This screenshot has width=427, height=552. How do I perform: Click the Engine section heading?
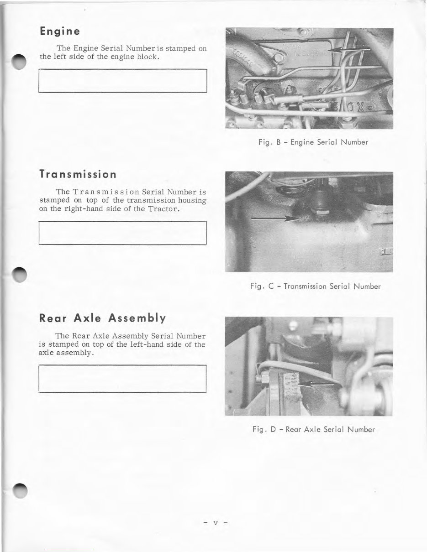(60, 31)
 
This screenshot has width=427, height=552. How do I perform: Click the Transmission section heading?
(78, 174)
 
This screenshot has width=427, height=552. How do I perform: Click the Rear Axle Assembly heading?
(102, 318)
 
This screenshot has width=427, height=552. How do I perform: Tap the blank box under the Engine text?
(123, 81)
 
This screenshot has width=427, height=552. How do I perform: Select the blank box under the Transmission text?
(123, 233)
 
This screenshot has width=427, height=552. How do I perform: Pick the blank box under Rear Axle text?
(123, 378)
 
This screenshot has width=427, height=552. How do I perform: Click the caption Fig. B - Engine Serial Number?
(313, 142)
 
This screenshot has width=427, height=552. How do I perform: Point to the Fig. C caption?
(315, 286)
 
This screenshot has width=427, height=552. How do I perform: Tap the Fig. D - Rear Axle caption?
(313, 429)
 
